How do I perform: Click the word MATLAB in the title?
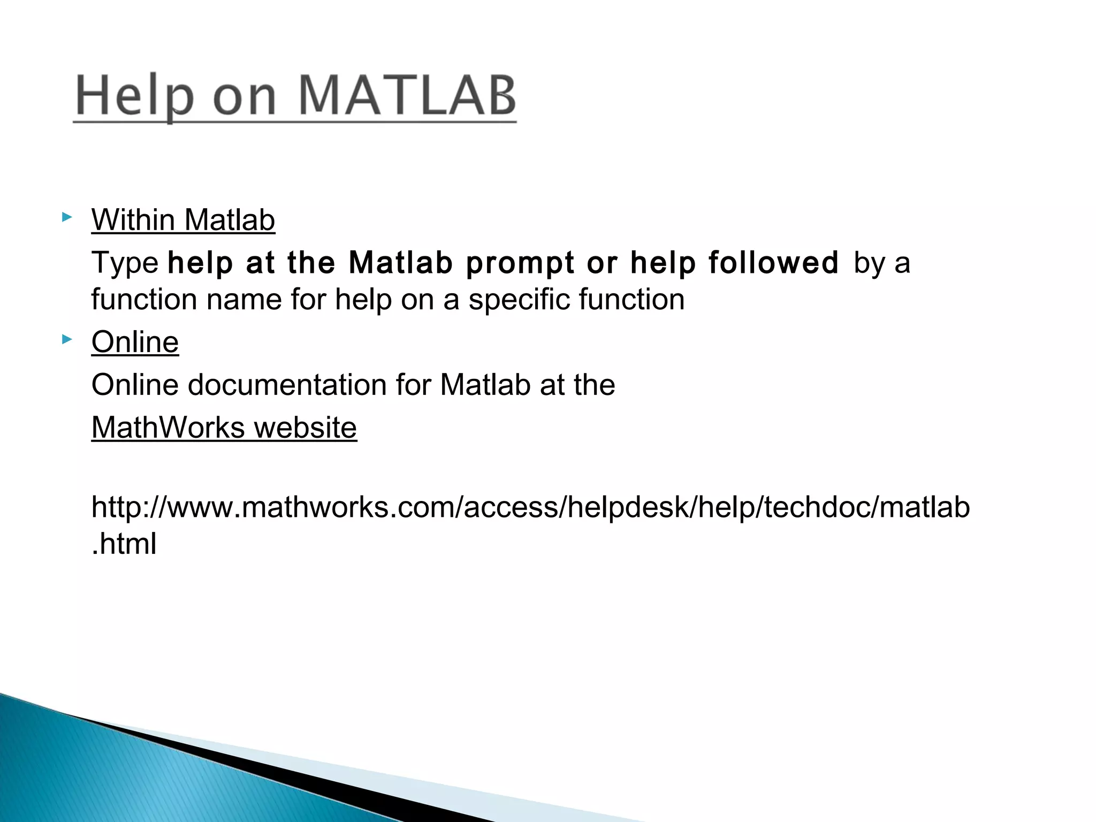click(x=407, y=96)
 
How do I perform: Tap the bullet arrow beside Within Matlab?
click(x=66, y=217)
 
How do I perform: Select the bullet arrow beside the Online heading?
click(x=66, y=339)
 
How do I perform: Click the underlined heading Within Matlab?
click(x=183, y=220)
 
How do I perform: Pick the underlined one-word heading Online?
click(x=135, y=342)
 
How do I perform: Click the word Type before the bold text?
click(x=125, y=263)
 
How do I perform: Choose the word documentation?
click(x=287, y=385)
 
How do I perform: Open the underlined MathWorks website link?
click(x=224, y=428)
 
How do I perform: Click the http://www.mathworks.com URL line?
click(x=530, y=507)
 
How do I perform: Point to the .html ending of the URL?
click(x=124, y=544)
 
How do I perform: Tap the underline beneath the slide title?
click(x=294, y=123)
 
